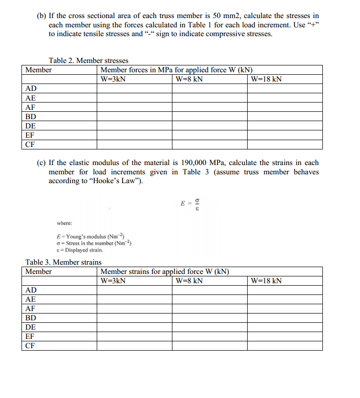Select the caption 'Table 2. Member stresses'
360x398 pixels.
click(x=88, y=61)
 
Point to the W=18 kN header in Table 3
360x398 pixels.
click(x=266, y=281)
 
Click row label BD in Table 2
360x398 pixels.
click(x=31, y=117)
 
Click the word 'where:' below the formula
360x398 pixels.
click(x=64, y=223)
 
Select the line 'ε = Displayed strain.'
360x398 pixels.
click(x=80, y=250)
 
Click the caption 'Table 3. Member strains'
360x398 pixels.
click(x=64, y=262)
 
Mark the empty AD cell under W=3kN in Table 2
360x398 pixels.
click(x=134, y=88)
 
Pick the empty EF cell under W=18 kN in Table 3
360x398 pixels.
click(x=284, y=336)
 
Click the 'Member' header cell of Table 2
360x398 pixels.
click(x=39, y=70)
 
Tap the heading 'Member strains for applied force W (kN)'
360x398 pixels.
click(x=165, y=272)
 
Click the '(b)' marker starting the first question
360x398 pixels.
click(x=42, y=16)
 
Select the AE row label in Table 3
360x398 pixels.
click(x=30, y=299)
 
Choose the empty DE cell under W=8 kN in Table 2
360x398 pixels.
click(x=209, y=126)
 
